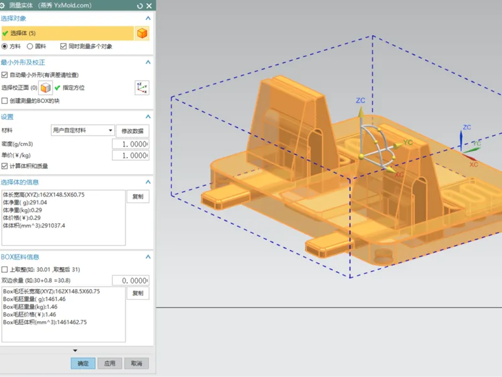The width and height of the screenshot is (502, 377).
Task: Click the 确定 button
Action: (x=83, y=363)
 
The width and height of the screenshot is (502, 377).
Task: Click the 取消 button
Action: (x=136, y=363)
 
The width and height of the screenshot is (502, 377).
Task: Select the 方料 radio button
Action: (x=4, y=46)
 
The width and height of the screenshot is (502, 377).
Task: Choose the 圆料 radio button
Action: (x=29, y=46)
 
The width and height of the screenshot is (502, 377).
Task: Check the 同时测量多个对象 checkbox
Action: (x=63, y=46)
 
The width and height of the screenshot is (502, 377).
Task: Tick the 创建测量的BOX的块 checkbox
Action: (x=4, y=101)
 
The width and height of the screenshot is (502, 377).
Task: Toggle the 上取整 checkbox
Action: (x=4, y=270)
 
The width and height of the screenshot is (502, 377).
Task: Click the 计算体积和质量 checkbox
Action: (x=4, y=166)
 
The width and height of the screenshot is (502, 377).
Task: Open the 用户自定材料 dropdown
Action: (x=83, y=130)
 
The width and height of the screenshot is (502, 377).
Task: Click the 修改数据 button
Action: (x=132, y=131)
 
